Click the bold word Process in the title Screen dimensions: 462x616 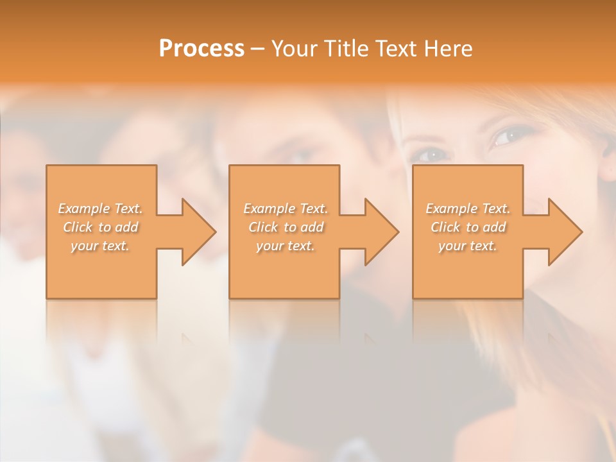(201, 49)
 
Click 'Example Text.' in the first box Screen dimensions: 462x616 (100, 209)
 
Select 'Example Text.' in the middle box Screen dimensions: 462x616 (285, 209)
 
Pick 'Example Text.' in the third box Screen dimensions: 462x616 (468, 209)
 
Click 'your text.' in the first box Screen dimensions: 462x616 (100, 246)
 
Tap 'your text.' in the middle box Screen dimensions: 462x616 (285, 246)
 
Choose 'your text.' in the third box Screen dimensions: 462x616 (468, 246)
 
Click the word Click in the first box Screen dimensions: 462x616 (78, 227)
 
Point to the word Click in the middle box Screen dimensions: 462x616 (263, 227)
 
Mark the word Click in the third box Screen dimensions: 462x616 (445, 227)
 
